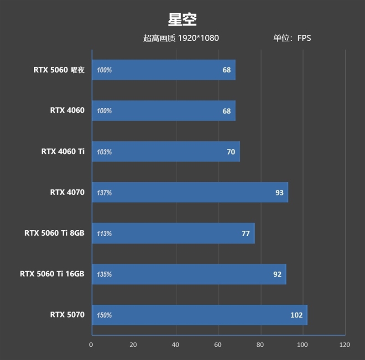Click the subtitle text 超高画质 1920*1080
[181, 38]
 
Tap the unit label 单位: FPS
[292, 38]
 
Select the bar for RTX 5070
[199, 315]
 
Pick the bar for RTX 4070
[190, 192]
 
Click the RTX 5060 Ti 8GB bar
[173, 233]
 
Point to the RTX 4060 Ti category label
[63, 152]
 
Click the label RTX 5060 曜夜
[59, 70]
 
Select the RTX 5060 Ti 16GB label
[52, 274]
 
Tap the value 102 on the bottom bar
[296, 315]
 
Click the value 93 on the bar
[279, 192]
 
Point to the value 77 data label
[245, 233]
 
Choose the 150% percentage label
[104, 315]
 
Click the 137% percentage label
[104, 193]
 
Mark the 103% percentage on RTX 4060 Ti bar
[104, 152]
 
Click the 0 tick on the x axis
[91, 344]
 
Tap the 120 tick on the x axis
[345, 344]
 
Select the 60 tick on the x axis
[218, 344]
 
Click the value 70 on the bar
[231, 152]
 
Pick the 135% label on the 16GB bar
[104, 275]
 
